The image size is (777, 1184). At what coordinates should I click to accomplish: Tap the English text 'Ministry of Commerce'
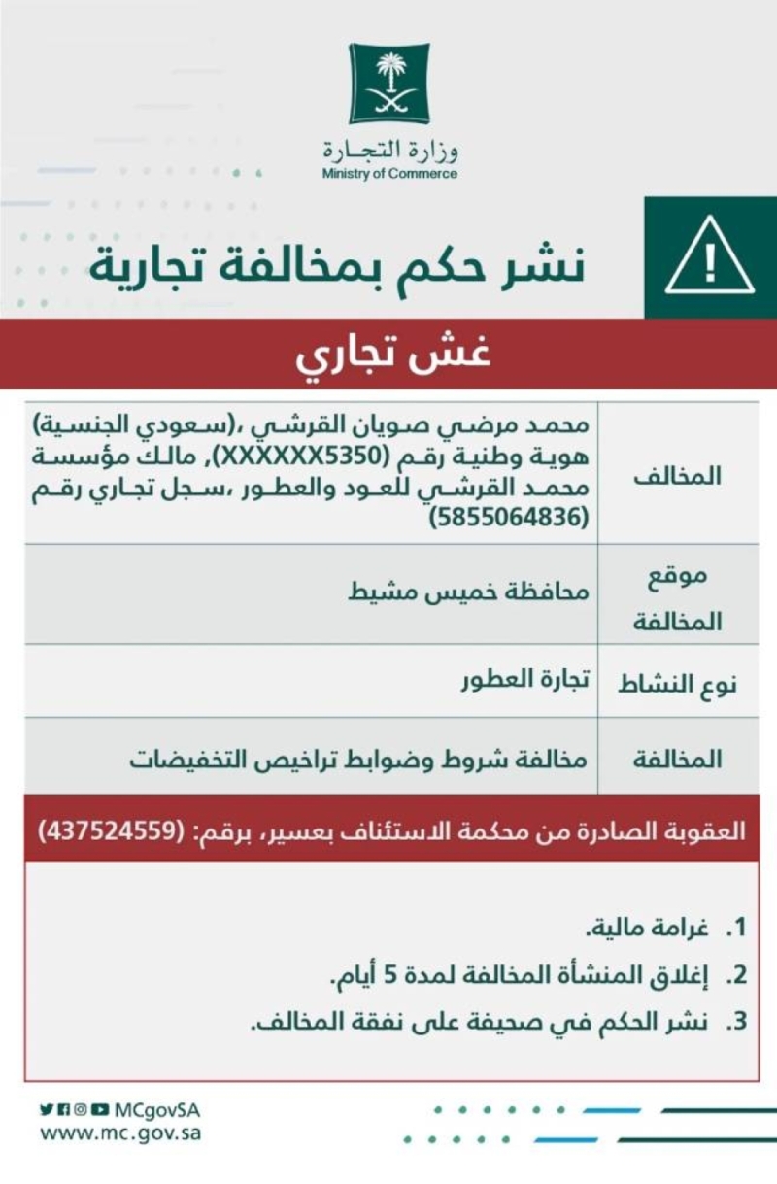click(389, 175)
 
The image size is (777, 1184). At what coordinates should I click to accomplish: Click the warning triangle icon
click(710, 256)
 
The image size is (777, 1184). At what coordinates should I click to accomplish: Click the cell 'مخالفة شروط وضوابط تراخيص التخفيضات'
click(358, 759)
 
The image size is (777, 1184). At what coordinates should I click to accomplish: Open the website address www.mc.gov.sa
click(121, 1133)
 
